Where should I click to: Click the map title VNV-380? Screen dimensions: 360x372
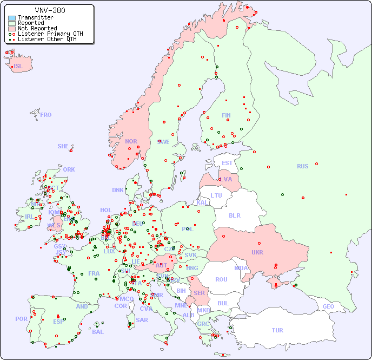50,10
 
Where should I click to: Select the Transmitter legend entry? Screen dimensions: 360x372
35,17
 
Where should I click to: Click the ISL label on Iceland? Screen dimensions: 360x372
18,67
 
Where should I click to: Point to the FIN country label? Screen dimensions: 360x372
226,115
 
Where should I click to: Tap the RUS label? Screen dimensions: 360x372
302,166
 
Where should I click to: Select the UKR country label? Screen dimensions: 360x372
257,252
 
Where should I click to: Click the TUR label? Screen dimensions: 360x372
277,330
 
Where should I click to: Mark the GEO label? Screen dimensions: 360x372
328,306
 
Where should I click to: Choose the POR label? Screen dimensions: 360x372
21,319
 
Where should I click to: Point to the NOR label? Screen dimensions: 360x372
131,141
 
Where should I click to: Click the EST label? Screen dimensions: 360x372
227,163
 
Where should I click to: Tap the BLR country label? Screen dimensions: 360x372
235,215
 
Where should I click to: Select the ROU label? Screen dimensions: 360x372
221,279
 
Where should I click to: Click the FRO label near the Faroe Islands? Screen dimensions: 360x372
46,115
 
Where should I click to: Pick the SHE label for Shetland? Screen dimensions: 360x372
63,146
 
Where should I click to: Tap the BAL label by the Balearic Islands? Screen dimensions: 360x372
98,332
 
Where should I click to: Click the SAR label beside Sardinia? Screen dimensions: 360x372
142,320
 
